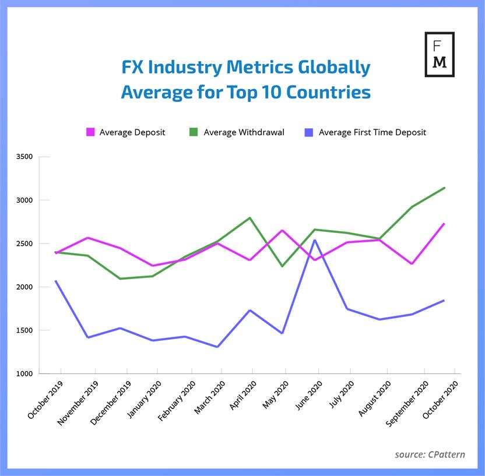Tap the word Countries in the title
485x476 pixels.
328,92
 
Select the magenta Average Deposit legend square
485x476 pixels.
90,132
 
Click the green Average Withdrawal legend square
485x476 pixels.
194,132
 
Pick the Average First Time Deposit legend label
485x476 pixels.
372,132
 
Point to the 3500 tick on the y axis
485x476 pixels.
24,157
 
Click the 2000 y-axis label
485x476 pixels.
24,287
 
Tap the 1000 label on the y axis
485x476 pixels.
24,373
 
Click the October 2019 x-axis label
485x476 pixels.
45,399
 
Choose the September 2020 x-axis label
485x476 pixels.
407,404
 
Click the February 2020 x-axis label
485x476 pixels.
177,401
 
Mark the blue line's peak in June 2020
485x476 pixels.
315,240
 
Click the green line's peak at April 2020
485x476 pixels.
250,218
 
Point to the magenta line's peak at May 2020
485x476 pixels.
282,230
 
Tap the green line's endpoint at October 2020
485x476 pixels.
444,188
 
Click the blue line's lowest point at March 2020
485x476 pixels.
217,347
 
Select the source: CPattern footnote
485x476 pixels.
430,454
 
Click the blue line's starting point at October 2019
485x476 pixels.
56,281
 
